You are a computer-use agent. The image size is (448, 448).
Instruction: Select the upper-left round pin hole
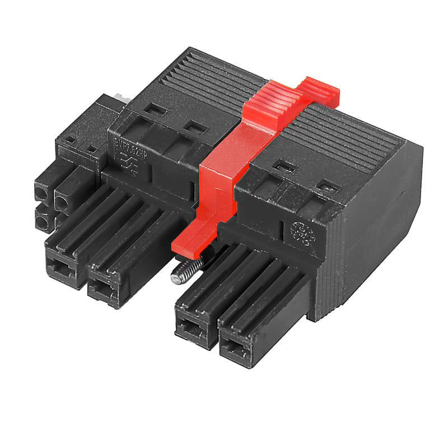42,194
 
